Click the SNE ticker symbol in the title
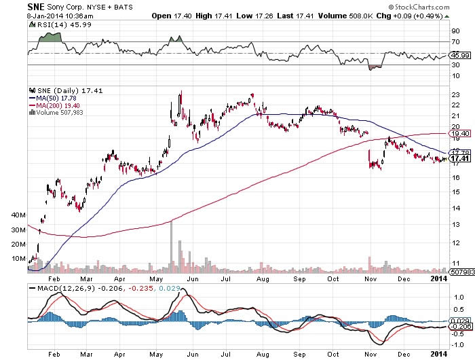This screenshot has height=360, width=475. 17,5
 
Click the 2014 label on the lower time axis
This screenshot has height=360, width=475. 438,354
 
